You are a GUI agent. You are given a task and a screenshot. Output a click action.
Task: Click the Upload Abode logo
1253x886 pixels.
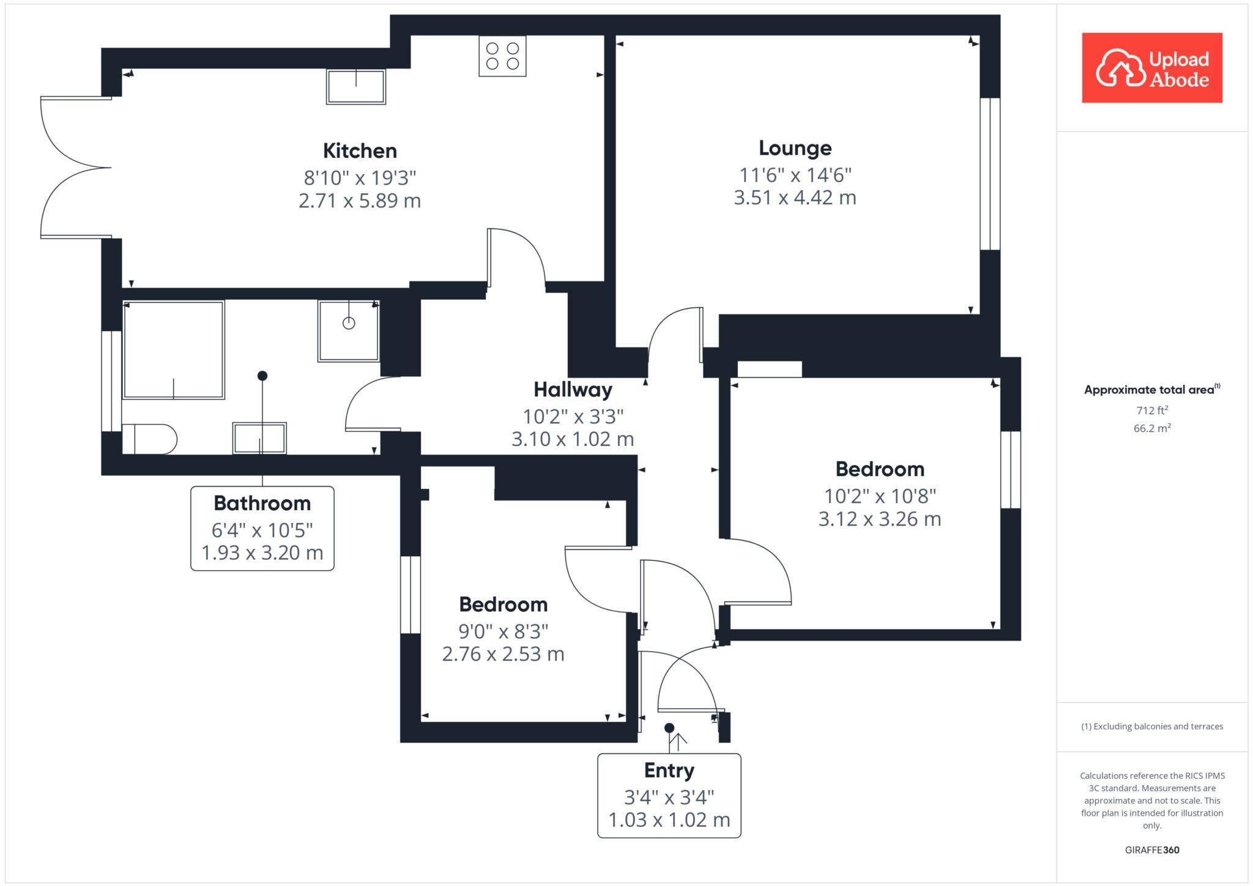1151,68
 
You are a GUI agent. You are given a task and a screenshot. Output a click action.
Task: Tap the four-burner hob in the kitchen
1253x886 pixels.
502,56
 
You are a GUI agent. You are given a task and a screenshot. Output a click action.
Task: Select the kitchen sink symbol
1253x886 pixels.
355,86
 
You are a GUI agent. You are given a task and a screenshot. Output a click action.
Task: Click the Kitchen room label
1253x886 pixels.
360,151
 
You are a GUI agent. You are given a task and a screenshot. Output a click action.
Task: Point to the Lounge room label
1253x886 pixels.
795,148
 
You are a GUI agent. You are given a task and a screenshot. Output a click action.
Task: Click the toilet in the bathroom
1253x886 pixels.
150,439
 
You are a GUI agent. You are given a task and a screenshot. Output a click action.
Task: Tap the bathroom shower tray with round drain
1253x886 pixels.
348,330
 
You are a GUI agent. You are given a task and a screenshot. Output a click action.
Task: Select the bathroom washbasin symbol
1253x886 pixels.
259,438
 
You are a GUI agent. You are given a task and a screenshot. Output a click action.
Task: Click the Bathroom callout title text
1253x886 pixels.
262,504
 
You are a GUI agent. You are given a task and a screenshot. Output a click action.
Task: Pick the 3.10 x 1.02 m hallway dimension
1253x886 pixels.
572,439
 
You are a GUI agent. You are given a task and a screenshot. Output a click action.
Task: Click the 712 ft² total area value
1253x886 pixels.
1151,411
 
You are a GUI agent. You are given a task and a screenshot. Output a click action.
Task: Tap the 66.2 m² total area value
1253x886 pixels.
1151,428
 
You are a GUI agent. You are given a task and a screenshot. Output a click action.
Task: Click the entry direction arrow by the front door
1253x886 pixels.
678,741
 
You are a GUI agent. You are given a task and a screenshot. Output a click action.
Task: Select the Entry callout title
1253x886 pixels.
669,770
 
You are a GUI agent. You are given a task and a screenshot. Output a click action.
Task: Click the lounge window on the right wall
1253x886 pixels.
989,174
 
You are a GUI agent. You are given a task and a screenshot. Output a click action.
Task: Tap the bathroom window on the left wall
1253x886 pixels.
111,381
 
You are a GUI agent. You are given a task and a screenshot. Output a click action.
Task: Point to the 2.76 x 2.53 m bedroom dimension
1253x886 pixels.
503,654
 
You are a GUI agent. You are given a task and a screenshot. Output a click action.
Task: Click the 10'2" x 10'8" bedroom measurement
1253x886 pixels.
879,495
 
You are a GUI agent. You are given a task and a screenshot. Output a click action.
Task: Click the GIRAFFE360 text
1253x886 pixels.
1151,850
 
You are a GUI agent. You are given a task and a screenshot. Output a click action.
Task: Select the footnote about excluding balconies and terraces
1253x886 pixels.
1151,726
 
